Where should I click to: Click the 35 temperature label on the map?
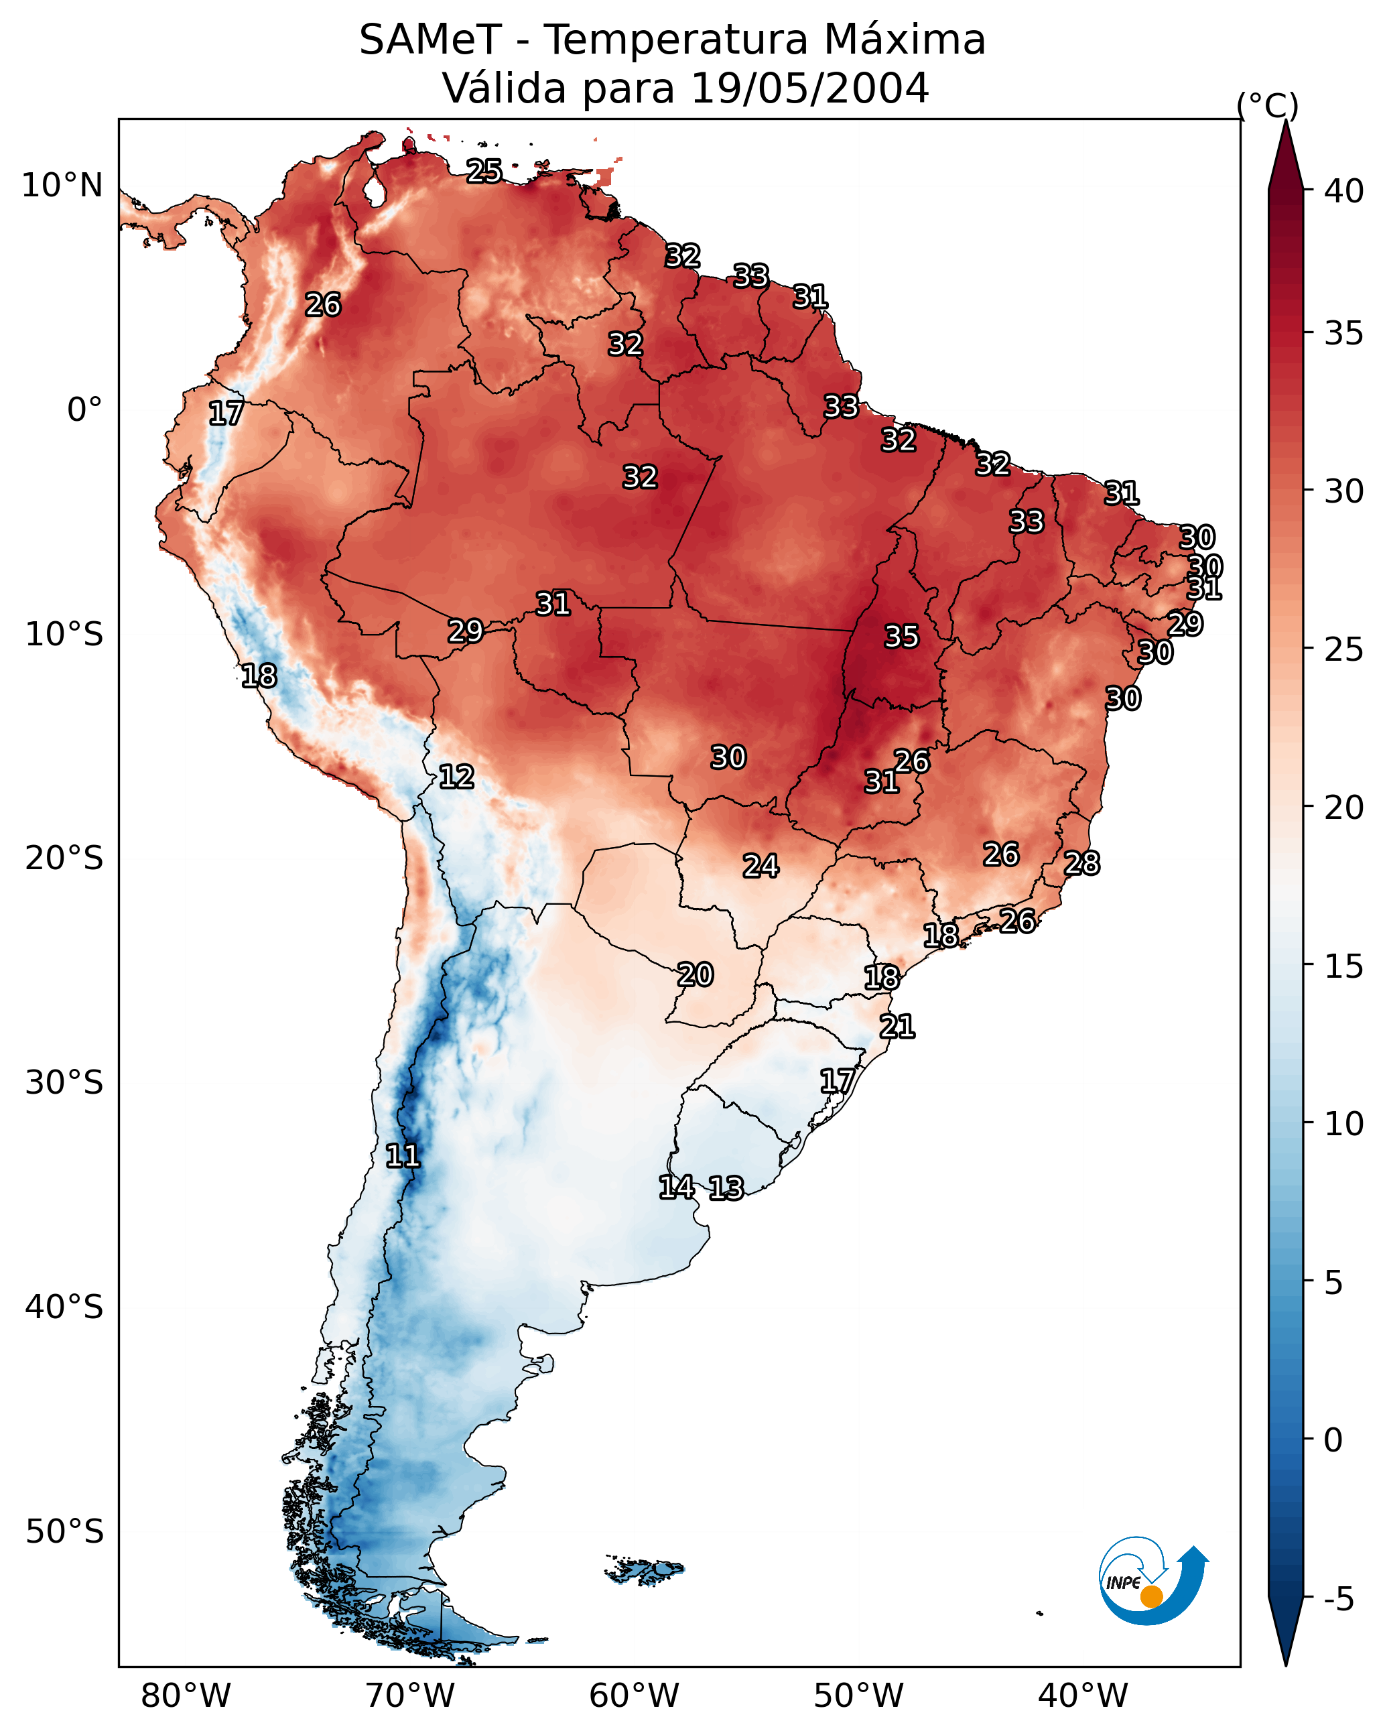pyautogui.click(x=901, y=637)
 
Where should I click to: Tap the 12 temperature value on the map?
pyautogui.click(x=456, y=777)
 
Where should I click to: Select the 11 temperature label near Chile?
pyautogui.click(x=403, y=1156)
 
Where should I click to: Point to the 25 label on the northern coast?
pyautogui.click(x=484, y=171)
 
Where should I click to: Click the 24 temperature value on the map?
pyautogui.click(x=761, y=866)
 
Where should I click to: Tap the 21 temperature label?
pyautogui.click(x=897, y=1027)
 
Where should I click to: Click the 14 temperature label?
pyautogui.click(x=677, y=1188)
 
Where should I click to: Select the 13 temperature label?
pyautogui.click(x=726, y=1188)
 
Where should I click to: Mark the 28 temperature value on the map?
pyautogui.click(x=1082, y=863)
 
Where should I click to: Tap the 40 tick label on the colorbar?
pyautogui.click(x=1344, y=191)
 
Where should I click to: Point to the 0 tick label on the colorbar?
pyautogui.click(x=1333, y=1440)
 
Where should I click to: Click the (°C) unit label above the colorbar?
pyautogui.click(x=1267, y=105)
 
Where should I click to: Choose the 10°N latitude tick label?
pyautogui.click(x=62, y=186)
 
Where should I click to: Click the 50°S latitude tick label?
pyautogui.click(x=64, y=1532)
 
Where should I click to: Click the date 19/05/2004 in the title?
pyautogui.click(x=809, y=88)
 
